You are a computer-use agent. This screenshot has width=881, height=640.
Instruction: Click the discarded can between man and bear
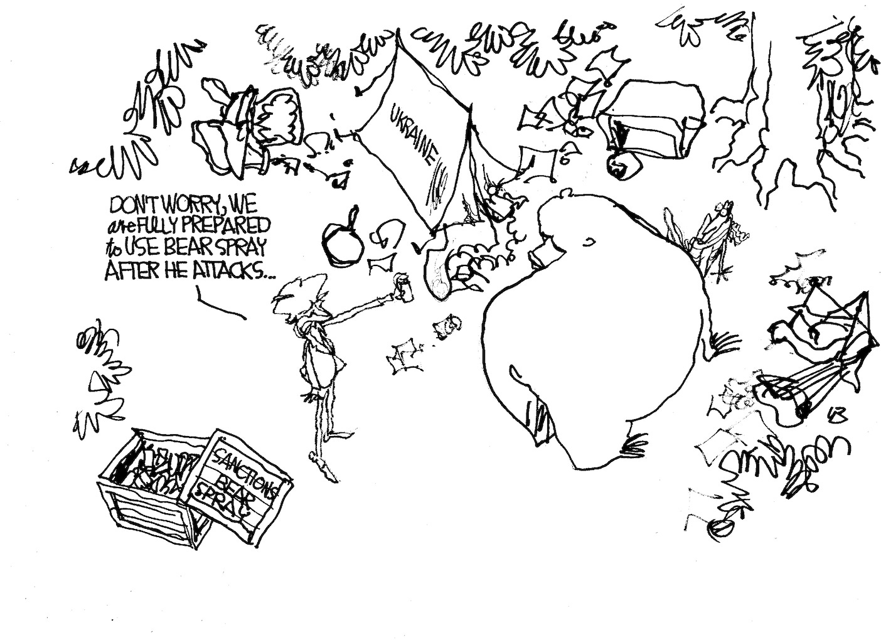pyautogui.click(x=449, y=324)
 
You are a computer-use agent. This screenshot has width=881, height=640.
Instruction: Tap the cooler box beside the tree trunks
pyautogui.click(x=653, y=119)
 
